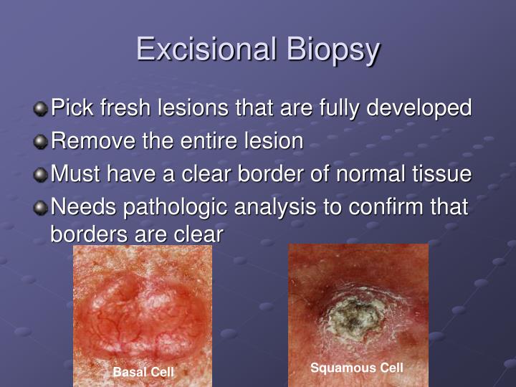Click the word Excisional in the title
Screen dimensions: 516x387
click(x=206, y=49)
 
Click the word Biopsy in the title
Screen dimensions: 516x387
click(x=333, y=51)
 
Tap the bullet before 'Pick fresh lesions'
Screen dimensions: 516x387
click(x=40, y=109)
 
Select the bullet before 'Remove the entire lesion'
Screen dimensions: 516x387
click(x=40, y=141)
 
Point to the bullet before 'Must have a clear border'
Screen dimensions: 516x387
click(x=40, y=174)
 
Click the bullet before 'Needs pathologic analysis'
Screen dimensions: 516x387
click(x=40, y=208)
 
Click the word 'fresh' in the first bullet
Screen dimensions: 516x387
click(x=125, y=107)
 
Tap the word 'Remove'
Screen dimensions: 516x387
click(x=93, y=141)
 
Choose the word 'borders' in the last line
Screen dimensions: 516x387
click(x=89, y=234)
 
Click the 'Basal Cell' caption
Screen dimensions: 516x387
click(x=143, y=372)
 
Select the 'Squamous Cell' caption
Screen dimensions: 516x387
click(x=357, y=368)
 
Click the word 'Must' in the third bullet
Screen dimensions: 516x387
click(x=75, y=173)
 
